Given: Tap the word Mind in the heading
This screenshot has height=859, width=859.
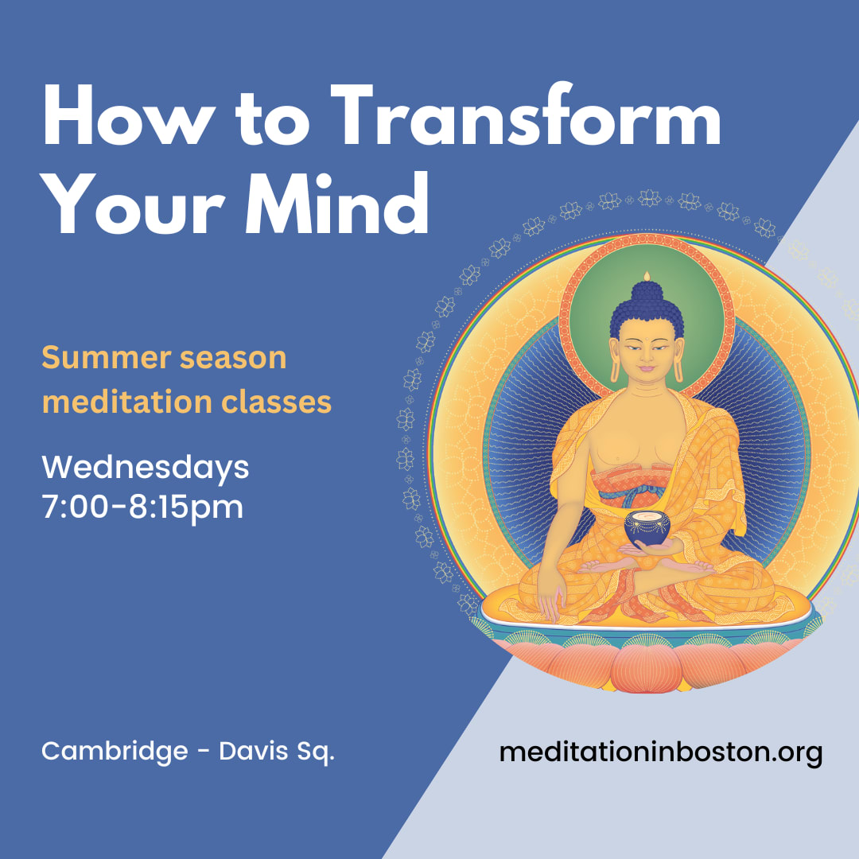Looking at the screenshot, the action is pyautogui.click(x=337, y=203).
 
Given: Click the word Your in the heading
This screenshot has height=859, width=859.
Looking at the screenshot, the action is pyautogui.click(x=133, y=204).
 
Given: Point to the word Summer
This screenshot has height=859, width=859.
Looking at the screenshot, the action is pyautogui.click(x=107, y=358).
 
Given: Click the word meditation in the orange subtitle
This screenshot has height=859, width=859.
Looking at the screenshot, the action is pyautogui.click(x=127, y=402).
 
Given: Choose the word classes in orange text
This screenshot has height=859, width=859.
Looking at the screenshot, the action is pyautogui.click(x=277, y=402).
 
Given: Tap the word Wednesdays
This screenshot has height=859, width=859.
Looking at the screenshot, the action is pyautogui.click(x=146, y=468).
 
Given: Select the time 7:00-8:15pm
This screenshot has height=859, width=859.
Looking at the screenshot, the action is pyautogui.click(x=142, y=507).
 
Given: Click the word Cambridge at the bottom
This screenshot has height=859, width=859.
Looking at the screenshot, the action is pyautogui.click(x=115, y=751).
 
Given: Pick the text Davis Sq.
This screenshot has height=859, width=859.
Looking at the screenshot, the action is pyautogui.click(x=277, y=751).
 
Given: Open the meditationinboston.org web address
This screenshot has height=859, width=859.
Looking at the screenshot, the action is pyautogui.click(x=661, y=752).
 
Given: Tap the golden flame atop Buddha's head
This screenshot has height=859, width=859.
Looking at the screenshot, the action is pyautogui.click(x=647, y=276).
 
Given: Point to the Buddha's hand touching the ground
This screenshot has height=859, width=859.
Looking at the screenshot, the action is pyautogui.click(x=552, y=601).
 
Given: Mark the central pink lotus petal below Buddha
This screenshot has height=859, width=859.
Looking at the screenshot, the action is pyautogui.click(x=647, y=668).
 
